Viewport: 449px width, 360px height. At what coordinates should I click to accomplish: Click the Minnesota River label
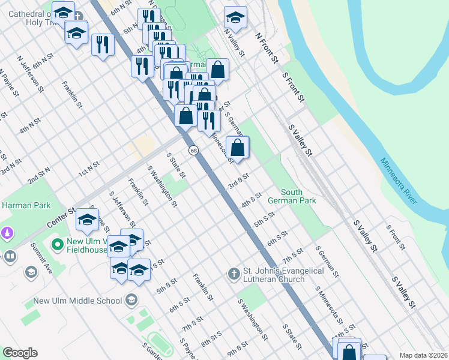pyautogui.click(x=398, y=181)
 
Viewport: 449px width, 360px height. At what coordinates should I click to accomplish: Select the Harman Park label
pyautogui.click(x=20, y=205)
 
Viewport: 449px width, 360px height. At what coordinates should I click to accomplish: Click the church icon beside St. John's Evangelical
pyautogui.click(x=234, y=274)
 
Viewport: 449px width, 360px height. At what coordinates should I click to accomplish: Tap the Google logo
pyautogui.click(x=20, y=353)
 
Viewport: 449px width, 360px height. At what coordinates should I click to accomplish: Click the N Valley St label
pyautogui.click(x=235, y=43)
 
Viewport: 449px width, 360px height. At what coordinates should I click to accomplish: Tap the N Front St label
pyautogui.click(x=267, y=49)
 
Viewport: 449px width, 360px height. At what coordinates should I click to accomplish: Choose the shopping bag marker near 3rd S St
pyautogui.click(x=238, y=148)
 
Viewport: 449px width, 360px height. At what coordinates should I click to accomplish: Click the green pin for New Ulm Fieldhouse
pyautogui.click(x=58, y=245)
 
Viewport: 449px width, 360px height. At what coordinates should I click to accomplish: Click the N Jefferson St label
pyautogui.click(x=31, y=74)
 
